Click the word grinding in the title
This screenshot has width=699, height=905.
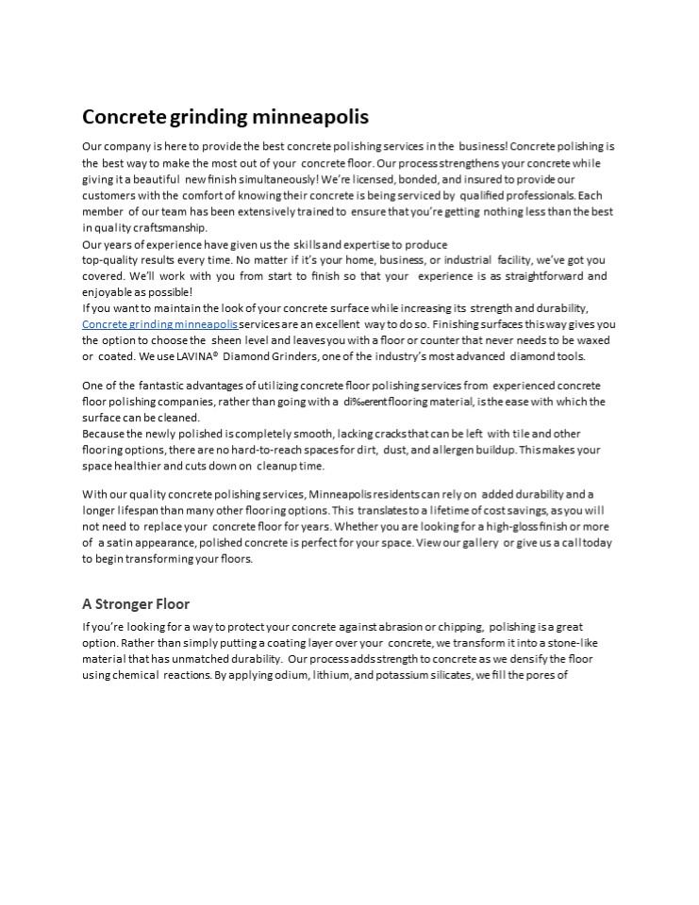(x=210, y=118)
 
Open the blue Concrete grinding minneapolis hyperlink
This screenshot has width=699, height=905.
(x=159, y=324)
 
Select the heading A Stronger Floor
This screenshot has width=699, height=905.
(x=136, y=603)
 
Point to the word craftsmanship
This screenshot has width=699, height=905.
(x=164, y=227)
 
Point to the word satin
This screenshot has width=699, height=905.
(x=121, y=542)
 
